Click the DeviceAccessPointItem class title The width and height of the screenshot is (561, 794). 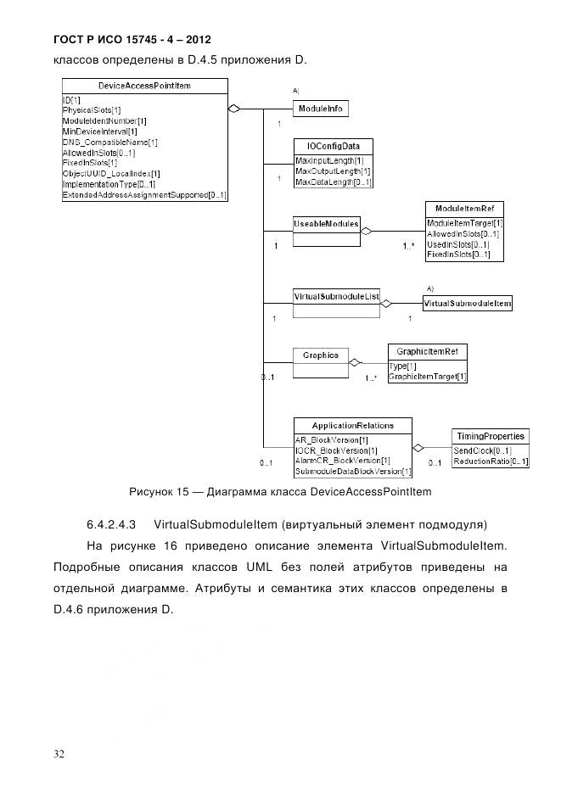coord(144,86)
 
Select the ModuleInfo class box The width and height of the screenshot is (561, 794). coord(321,109)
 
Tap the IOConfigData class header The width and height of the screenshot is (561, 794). coord(333,146)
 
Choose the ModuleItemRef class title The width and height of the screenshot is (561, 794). coord(463,209)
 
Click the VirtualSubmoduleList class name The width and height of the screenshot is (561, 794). coord(334,296)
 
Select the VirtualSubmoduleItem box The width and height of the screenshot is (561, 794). coord(467,303)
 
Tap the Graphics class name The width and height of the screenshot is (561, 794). coord(320,355)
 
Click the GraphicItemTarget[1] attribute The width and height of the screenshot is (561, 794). coord(427,377)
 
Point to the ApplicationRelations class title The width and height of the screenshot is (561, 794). coord(352,425)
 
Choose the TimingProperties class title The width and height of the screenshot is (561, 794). coord(491,436)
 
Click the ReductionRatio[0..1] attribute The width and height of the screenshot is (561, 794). coord(491,461)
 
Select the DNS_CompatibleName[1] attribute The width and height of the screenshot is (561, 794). coord(110,143)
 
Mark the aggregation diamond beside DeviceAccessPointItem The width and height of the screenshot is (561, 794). coord(235,109)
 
